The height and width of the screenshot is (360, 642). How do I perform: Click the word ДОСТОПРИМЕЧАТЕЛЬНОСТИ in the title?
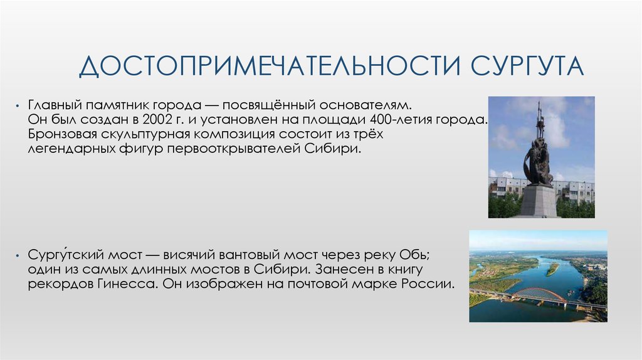coord(270,65)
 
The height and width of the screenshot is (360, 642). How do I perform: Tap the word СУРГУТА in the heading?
coord(527,65)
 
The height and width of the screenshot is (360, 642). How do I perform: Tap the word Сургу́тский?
coord(66,255)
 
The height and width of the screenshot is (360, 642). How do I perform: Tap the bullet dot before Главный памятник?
coord(17,106)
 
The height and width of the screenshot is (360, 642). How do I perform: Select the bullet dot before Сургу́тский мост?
coord(17,255)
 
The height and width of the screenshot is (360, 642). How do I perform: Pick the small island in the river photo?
coord(552,268)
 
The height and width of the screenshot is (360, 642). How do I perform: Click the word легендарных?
coord(71,149)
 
